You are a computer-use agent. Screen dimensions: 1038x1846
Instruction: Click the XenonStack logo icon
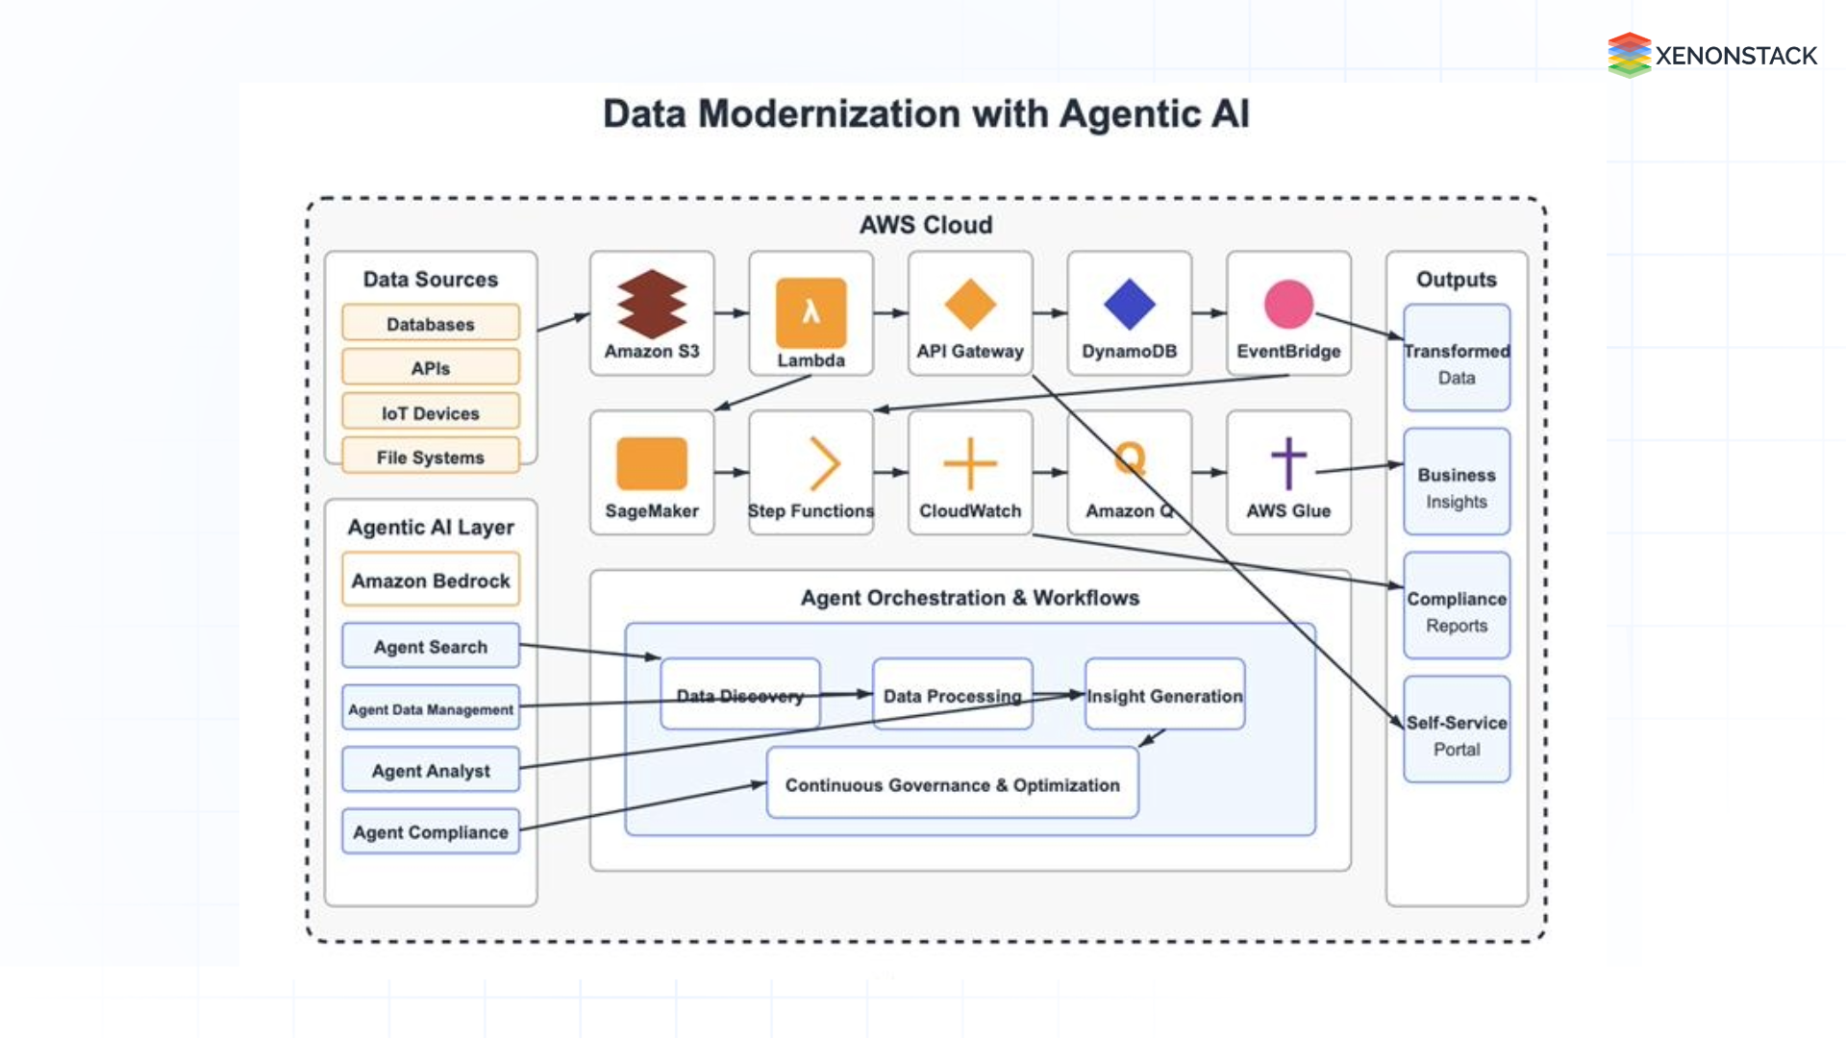pos(1629,55)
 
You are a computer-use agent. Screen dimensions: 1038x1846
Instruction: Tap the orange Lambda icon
pos(811,312)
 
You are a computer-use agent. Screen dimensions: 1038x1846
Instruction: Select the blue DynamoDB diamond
pos(1129,305)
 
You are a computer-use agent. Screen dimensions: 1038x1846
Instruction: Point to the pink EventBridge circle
pos(1288,305)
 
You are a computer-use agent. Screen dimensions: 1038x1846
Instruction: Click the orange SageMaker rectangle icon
pos(652,463)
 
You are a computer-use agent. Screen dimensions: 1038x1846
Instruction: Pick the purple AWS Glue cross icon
pos(1288,463)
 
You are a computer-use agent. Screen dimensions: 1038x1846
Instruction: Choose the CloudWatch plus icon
pos(970,463)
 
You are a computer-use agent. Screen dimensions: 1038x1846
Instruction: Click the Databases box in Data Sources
pos(431,323)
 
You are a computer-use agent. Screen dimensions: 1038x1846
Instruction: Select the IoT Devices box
pos(431,412)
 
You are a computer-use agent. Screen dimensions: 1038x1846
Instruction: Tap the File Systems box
pos(431,457)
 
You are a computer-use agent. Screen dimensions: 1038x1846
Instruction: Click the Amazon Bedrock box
pos(431,580)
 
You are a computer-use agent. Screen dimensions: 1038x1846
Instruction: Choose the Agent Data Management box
pos(431,708)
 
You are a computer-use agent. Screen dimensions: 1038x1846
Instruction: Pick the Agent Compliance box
pos(431,831)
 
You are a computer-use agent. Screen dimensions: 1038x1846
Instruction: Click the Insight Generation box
pos(1164,695)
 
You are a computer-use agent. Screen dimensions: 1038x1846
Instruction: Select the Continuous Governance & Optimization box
pos(952,784)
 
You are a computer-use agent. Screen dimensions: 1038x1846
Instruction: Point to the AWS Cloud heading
pos(925,225)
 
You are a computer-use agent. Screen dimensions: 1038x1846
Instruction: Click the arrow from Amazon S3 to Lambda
pos(731,312)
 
